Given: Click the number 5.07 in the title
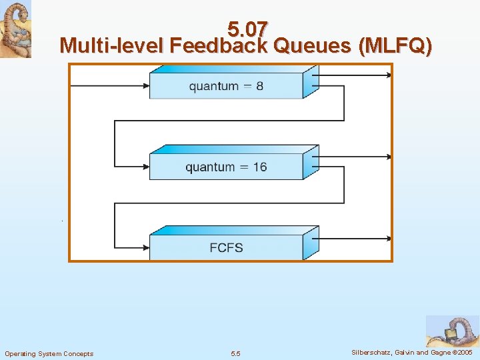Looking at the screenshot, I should click(247, 29).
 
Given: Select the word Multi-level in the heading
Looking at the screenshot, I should click(111, 46).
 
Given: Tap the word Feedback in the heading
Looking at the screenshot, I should click(218, 46).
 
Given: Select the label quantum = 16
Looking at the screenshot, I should click(226, 167).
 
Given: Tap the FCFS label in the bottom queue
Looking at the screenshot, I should click(226, 247).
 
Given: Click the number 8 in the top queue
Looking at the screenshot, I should click(259, 85).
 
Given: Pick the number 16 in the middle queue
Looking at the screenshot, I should click(259, 167).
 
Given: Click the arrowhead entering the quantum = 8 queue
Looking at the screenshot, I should click(145, 85).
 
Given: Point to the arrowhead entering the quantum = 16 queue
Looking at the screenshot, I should click(145, 167).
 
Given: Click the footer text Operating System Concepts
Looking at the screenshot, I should click(49, 353).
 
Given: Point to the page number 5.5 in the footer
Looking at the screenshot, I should click(235, 353).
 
